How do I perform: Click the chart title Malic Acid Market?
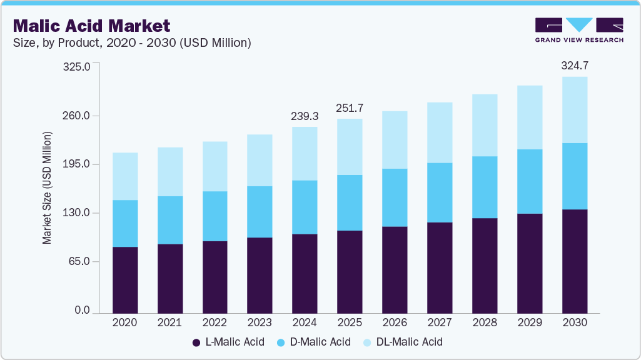click(91, 26)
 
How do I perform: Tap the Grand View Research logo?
click(579, 29)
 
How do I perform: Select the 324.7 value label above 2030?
click(575, 65)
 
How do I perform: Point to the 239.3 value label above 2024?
click(305, 116)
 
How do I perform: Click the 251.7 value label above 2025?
click(350, 108)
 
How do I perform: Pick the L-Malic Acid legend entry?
click(228, 342)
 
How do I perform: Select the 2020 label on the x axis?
click(124, 322)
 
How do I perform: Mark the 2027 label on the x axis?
click(440, 322)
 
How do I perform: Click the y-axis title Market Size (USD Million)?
click(47, 187)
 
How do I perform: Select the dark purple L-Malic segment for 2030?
click(575, 261)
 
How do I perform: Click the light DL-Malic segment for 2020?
click(124, 176)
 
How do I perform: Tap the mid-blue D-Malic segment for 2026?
click(395, 197)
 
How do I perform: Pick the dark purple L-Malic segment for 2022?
click(215, 276)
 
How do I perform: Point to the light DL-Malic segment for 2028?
click(485, 125)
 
